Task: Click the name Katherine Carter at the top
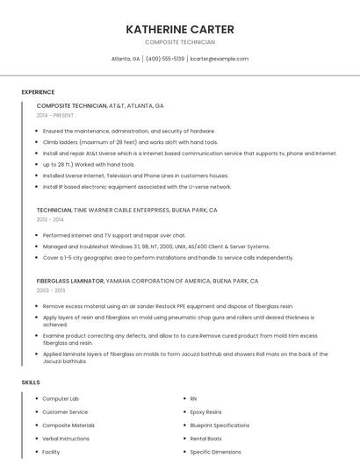pos(179,29)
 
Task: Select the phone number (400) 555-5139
pos(165,59)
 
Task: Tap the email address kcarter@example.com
pos(220,59)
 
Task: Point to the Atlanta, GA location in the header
pos(126,59)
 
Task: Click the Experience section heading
pos(38,91)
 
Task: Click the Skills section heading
pos(31,383)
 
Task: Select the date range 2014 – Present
pos(55,115)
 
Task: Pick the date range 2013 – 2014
pos(51,219)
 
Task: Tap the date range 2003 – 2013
pos(51,290)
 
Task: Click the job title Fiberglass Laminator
pos(69,281)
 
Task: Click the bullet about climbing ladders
pos(130,142)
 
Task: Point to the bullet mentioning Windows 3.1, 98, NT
pos(156,247)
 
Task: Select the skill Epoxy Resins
pos(206,411)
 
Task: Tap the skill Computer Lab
pos(61,398)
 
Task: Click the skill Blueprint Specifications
pos(220,425)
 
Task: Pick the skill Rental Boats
pos(206,438)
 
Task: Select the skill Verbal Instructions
pos(66,438)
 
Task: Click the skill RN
pos(193,398)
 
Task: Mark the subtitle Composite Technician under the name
pos(179,42)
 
